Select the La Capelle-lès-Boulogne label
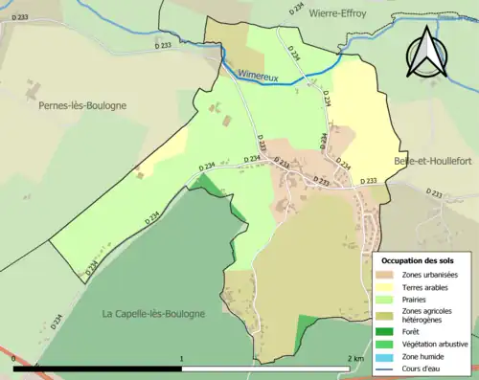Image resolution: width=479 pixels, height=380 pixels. [x=153, y=314]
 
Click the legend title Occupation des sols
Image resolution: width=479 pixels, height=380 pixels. [x=418, y=260]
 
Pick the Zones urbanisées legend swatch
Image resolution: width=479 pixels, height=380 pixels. [x=371, y=274]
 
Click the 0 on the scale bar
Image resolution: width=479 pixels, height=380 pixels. [x=14, y=359]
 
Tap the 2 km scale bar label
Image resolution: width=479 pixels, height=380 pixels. [x=355, y=359]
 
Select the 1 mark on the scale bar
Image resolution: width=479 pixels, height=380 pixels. [x=182, y=359]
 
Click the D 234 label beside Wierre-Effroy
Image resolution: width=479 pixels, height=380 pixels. [x=296, y=9]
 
